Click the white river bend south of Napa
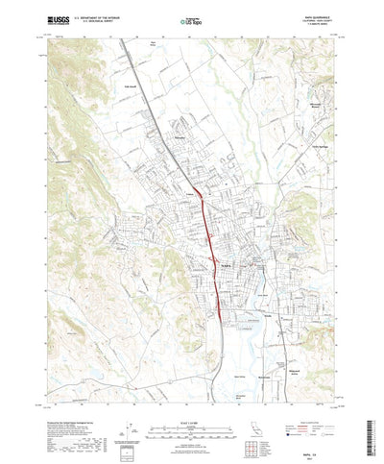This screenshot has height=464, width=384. pyautogui.click(x=252, y=332)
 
